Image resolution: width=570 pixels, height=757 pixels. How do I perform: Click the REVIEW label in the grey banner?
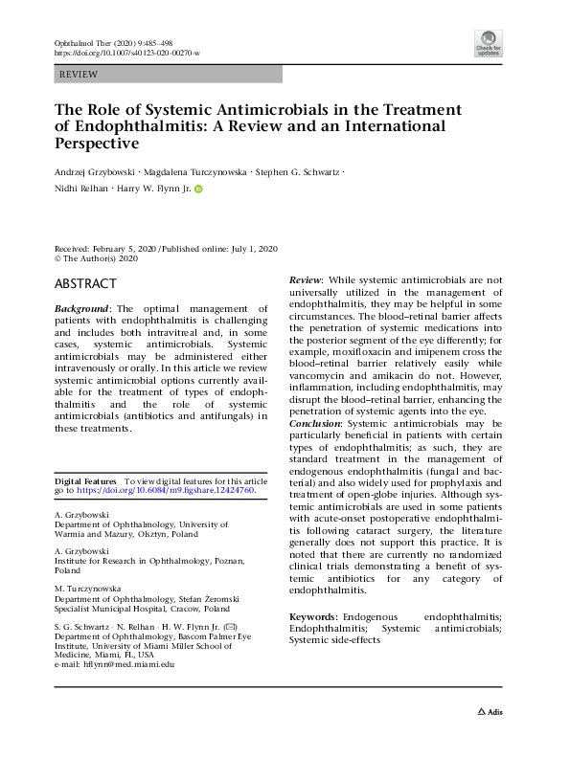click(78, 73)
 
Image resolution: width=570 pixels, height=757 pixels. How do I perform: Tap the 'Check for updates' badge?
click(488, 43)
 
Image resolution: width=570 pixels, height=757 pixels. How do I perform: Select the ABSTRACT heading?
click(85, 284)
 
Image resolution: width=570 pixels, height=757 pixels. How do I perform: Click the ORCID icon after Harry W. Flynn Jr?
click(199, 189)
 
